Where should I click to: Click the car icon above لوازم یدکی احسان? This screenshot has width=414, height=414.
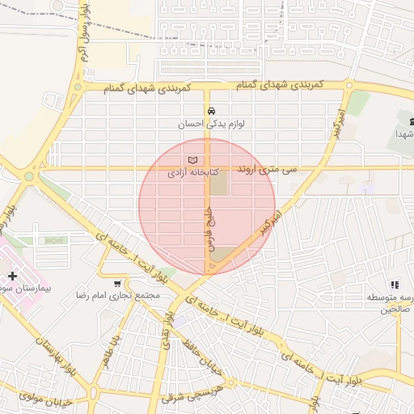click(210, 111)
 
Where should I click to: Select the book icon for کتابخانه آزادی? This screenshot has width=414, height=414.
click(192, 159)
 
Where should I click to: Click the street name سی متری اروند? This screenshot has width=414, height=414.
click(268, 170)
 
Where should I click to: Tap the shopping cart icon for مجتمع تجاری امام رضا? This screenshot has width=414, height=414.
click(118, 284)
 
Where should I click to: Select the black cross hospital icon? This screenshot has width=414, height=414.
click(12, 276)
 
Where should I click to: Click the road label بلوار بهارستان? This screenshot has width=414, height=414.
click(48, 354)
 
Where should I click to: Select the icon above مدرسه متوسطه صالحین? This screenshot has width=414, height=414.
click(395, 285)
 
